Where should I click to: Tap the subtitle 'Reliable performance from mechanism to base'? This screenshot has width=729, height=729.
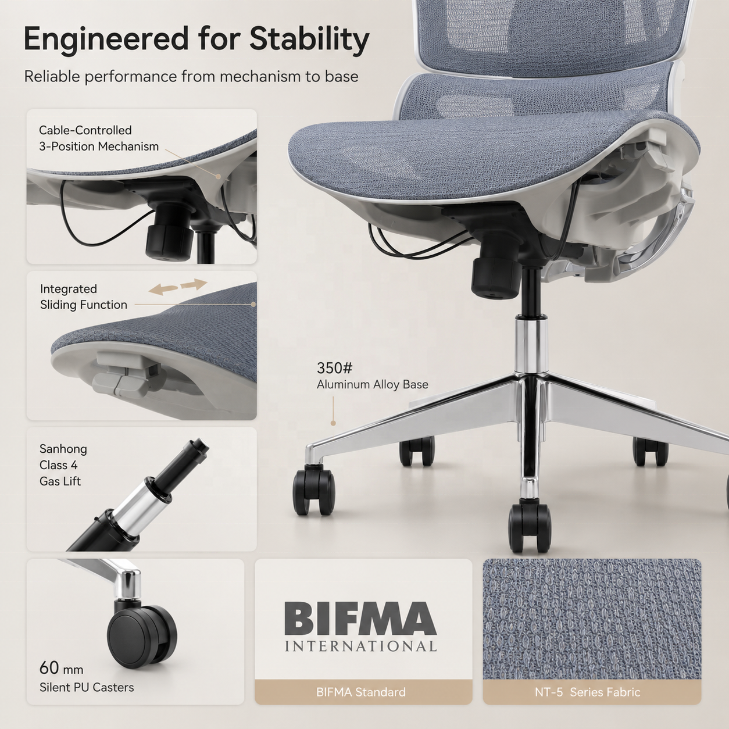coord(191,77)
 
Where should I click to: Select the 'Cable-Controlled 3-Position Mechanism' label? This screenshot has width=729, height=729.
coord(99,138)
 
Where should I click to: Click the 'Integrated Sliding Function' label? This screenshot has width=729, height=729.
coord(84,297)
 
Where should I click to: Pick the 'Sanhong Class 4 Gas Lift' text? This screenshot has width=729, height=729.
coord(63,465)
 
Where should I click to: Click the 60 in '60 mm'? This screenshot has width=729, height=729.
coord(49,668)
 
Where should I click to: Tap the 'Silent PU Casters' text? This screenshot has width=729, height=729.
coord(87,687)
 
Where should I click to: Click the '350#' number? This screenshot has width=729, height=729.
coord(334,367)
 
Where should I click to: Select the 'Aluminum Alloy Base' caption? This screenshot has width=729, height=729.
coord(373,384)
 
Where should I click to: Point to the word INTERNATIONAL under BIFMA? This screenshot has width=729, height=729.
coord(360,646)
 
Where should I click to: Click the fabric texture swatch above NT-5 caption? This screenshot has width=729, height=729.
coord(592,619)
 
